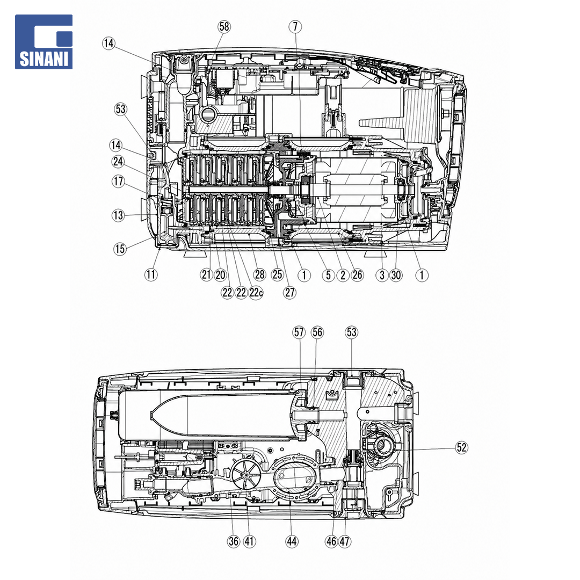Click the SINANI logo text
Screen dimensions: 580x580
(x=44, y=59)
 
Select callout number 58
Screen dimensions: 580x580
(x=224, y=27)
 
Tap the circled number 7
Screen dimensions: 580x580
(x=295, y=27)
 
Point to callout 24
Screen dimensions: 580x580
(x=118, y=162)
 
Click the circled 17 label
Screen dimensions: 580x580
(x=118, y=182)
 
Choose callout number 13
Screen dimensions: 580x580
(x=118, y=215)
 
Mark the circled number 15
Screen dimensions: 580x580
(x=120, y=249)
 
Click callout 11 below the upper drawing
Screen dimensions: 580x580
(x=151, y=274)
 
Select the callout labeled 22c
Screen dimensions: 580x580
(x=256, y=293)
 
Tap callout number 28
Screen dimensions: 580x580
(x=260, y=274)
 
